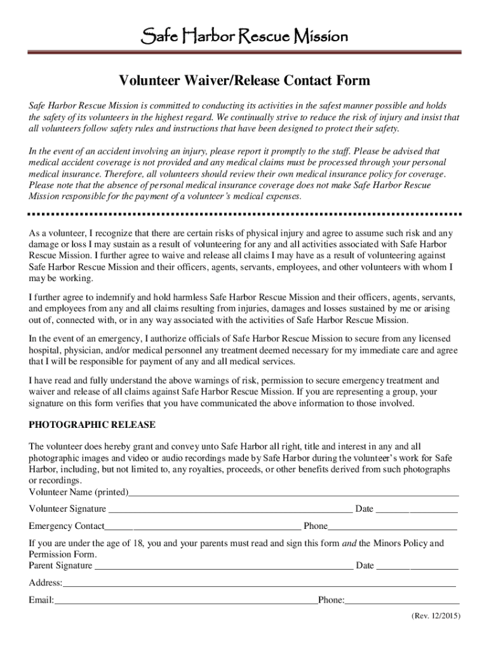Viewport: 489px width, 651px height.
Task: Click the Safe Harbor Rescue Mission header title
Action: (244, 36)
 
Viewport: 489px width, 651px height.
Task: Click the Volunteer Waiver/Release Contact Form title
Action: (244, 81)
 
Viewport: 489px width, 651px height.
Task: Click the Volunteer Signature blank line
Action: (230, 510)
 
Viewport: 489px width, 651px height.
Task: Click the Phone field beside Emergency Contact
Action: (392, 527)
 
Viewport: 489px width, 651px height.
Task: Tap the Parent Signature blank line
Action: (224, 566)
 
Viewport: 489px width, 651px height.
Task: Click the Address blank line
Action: (259, 584)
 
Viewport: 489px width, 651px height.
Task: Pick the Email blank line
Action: (186, 601)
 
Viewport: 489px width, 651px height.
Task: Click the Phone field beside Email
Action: (403, 601)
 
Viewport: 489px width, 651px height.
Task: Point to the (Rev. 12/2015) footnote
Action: (435, 616)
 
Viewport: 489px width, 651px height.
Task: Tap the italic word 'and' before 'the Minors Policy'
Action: (350, 544)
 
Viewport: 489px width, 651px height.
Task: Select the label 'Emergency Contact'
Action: (67, 526)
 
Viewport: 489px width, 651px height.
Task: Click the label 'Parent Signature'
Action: (60, 566)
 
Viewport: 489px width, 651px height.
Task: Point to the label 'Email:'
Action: (41, 600)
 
